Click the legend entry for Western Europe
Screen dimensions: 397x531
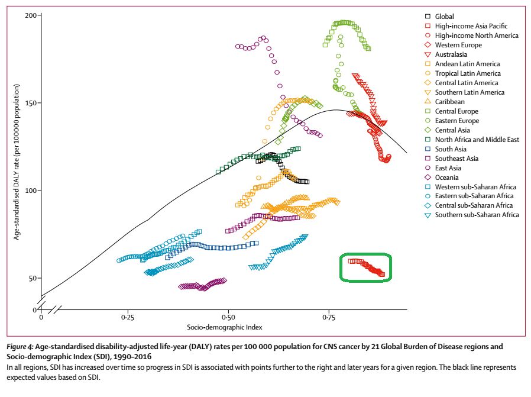tap(458, 45)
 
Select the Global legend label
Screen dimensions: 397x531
tap(445, 17)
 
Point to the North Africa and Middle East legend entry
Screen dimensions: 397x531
tap(477, 140)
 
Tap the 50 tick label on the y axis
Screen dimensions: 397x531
tap(33, 278)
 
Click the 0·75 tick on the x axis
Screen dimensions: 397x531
tap(329, 318)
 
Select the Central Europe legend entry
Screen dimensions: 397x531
tap(456, 111)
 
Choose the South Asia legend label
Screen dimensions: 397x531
tap(451, 149)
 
